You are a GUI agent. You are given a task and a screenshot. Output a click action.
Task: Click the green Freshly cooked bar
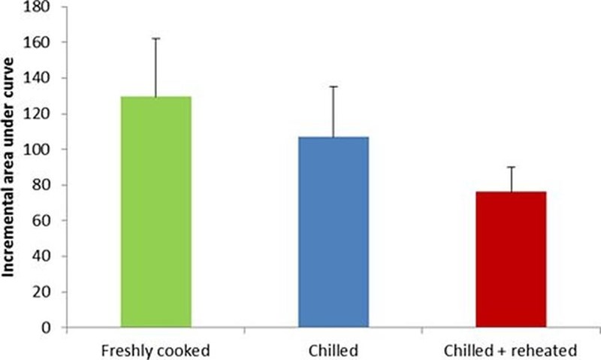156,212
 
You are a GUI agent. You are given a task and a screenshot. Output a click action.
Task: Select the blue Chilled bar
333,232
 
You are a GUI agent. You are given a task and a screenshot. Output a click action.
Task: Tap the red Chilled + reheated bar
511,259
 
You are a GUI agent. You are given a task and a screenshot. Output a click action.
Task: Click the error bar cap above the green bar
156,38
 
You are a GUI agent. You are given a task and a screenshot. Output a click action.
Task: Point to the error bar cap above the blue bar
333,86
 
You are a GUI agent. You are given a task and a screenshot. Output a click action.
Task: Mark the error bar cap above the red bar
511,167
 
